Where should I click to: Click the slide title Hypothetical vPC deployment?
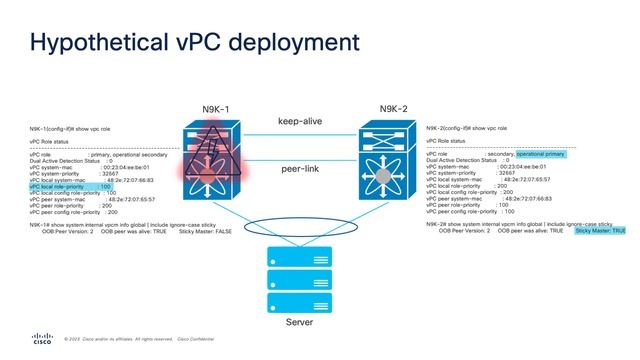point(195,44)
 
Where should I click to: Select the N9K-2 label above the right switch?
point(401,109)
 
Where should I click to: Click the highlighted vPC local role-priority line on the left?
point(70,187)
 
